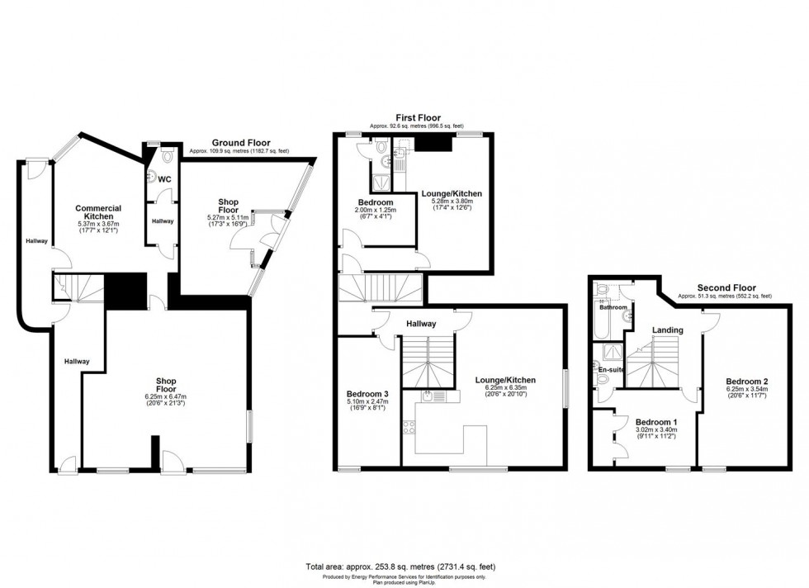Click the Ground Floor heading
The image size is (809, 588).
point(237,142)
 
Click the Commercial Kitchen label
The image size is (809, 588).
point(98,212)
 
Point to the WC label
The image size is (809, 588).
point(164,179)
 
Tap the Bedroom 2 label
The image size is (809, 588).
point(747,381)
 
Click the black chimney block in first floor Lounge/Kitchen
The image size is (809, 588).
point(433,143)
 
